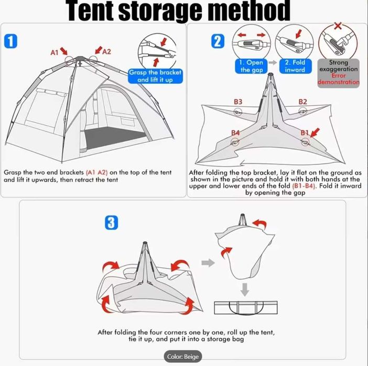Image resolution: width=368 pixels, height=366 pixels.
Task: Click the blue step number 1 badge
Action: point(10,41)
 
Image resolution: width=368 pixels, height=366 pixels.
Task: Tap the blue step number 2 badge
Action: point(218,41)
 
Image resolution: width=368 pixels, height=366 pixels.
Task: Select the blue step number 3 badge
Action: point(111,223)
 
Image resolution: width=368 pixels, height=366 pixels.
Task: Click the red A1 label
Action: point(55,52)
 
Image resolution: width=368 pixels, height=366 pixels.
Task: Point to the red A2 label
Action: point(107,52)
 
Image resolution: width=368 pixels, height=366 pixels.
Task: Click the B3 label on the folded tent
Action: point(238,102)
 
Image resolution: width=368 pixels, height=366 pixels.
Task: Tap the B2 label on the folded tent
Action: point(303,102)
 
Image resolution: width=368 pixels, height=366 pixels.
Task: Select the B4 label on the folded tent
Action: point(235,132)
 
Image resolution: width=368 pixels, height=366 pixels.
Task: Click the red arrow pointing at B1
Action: point(315,132)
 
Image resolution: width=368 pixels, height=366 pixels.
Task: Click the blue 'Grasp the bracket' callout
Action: point(155,76)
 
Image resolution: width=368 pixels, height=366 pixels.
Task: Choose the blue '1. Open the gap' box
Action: point(251,66)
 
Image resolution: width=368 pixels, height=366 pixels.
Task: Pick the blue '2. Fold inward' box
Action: point(295,66)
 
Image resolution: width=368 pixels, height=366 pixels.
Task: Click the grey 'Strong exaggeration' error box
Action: point(339,73)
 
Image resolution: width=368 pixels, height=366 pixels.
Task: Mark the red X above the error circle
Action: point(338,25)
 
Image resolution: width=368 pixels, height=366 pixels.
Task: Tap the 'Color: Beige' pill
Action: point(183,357)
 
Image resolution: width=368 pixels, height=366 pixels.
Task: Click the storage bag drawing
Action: point(246,308)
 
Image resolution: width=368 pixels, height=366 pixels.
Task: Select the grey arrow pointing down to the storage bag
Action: point(245,290)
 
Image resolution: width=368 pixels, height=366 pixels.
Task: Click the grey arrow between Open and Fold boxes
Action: point(273,63)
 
